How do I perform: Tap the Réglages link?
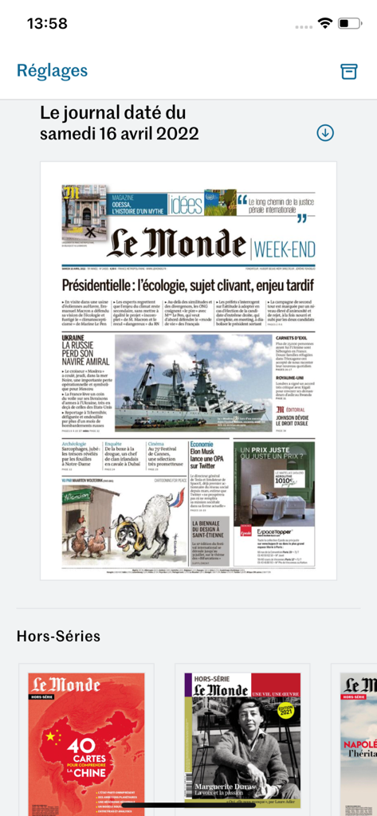(x=52, y=71)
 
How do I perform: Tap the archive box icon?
(x=348, y=71)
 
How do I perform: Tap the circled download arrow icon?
(x=325, y=133)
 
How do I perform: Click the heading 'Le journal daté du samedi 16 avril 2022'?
(x=120, y=123)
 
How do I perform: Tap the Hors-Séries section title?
(x=58, y=636)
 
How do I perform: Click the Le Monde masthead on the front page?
(x=176, y=245)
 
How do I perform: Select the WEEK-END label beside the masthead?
(x=285, y=249)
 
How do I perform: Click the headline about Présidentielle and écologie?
(x=188, y=285)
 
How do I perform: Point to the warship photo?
(x=191, y=383)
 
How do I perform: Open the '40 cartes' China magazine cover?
(x=86, y=746)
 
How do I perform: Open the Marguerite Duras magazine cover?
(x=242, y=746)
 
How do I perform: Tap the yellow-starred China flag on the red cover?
(x=53, y=738)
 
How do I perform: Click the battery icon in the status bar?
(x=349, y=24)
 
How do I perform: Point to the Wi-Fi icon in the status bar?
(x=324, y=24)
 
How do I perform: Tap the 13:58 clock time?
(x=47, y=24)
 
